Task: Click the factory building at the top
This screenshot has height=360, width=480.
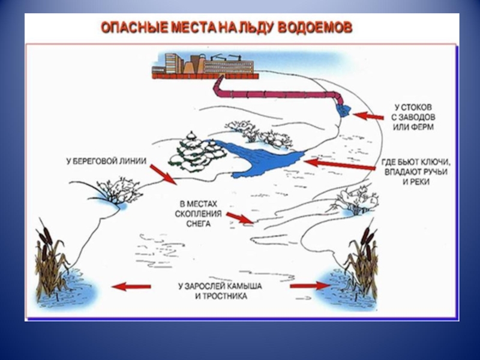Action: click(204, 64)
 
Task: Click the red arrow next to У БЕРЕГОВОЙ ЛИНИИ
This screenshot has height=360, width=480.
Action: click(162, 175)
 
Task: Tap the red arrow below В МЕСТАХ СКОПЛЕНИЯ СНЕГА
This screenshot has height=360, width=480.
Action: click(241, 218)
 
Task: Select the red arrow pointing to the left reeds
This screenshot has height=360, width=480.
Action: click(131, 287)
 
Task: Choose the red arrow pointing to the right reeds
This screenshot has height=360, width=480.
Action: click(309, 286)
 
